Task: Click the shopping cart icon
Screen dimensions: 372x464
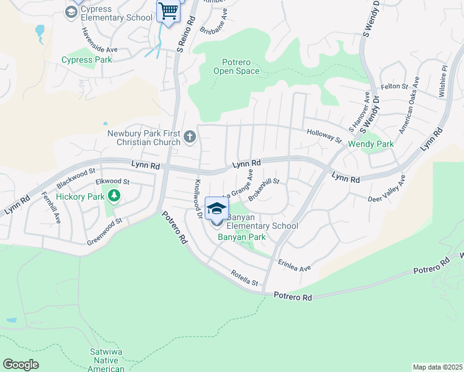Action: pos(167,11)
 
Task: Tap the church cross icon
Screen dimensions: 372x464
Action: pos(190,136)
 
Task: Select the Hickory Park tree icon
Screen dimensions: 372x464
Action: pos(114,197)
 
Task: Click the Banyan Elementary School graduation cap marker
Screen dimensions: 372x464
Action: pos(216,209)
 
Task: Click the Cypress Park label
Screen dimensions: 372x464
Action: pos(87,60)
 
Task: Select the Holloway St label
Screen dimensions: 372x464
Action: pos(324,136)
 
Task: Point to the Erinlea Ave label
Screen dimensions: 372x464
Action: pos(294,265)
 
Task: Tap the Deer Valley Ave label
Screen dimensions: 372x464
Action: pos(386,190)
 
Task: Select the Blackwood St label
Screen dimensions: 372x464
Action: pos(76,177)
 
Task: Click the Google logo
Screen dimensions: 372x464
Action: pos(20,365)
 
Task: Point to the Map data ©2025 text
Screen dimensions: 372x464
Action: pos(437,367)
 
